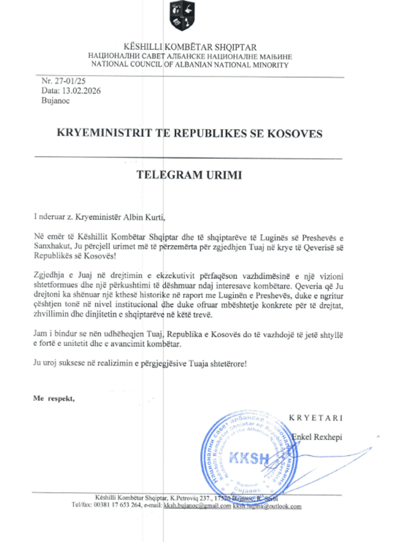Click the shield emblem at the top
click(182, 16)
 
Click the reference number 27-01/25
click(70, 81)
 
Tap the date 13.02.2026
click(81, 91)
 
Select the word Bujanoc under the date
click(55, 101)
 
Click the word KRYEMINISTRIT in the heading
click(104, 133)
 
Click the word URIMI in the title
click(224, 175)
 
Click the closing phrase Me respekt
click(54, 398)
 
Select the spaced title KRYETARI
click(316, 418)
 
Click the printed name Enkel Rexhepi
click(317, 437)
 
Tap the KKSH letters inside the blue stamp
click(249, 458)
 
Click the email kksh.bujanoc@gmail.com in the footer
click(197, 506)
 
